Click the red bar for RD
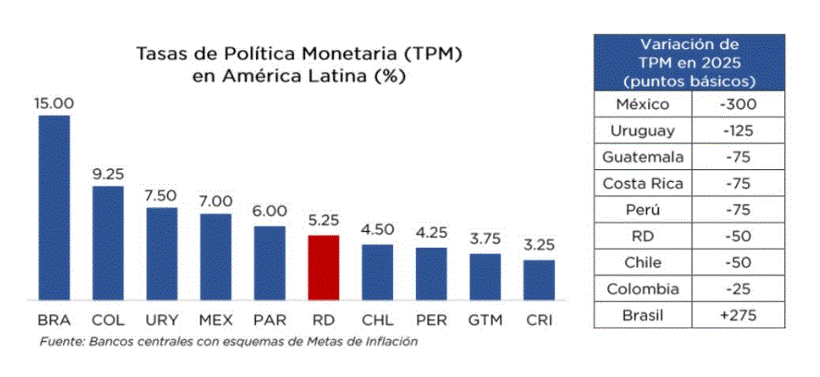pyautogui.click(x=324, y=267)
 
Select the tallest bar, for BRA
pyautogui.click(x=54, y=207)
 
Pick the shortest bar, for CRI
pyautogui.click(x=539, y=279)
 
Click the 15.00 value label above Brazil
pyautogui.click(x=54, y=103)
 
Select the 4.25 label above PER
pyautogui.click(x=432, y=235)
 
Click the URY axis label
pyautogui.click(x=162, y=322)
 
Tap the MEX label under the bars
pyautogui.click(x=215, y=322)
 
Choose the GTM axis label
pyautogui.click(x=485, y=322)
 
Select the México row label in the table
pyautogui.click(x=643, y=104)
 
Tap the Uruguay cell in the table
pyautogui.click(x=643, y=131)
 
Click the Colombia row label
pyautogui.click(x=643, y=289)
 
